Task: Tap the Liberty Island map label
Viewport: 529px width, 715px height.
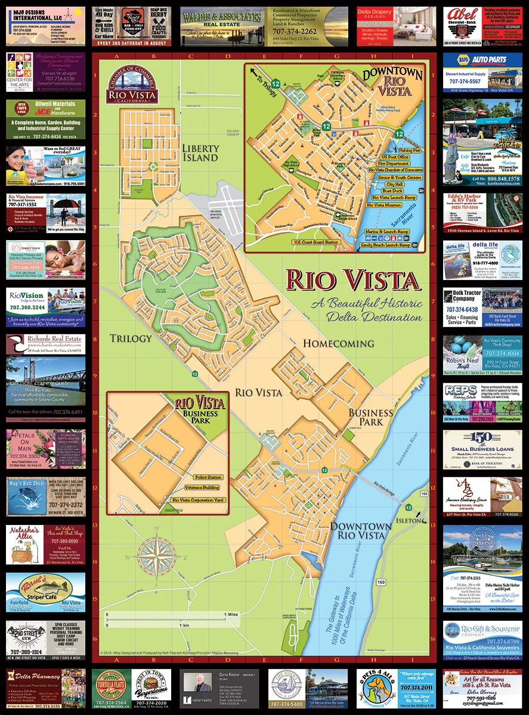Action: tap(201, 153)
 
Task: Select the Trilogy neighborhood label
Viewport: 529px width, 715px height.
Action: tap(131, 338)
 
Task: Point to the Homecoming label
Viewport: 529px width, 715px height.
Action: tap(338, 343)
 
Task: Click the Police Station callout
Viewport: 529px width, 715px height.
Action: tap(207, 477)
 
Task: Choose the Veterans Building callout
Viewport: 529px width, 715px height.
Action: tap(202, 489)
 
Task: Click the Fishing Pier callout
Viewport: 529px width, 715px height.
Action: tap(410, 151)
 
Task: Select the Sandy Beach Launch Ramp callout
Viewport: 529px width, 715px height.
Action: tap(385, 245)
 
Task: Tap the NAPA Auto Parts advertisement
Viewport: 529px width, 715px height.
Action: tap(482, 74)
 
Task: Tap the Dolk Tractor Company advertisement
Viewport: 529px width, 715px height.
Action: tap(482, 309)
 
